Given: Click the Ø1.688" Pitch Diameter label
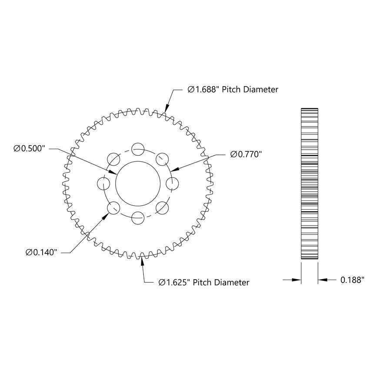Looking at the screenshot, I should click(x=233, y=90).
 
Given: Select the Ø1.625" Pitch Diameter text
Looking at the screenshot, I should click(x=204, y=283).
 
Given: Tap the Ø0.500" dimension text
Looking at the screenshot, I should click(x=30, y=149).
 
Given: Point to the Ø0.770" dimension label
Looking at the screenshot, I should click(x=247, y=154).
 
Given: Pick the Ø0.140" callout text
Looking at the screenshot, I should click(x=42, y=252).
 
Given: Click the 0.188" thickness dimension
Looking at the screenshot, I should click(x=352, y=280).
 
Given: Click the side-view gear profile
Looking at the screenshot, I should click(x=309, y=183).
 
